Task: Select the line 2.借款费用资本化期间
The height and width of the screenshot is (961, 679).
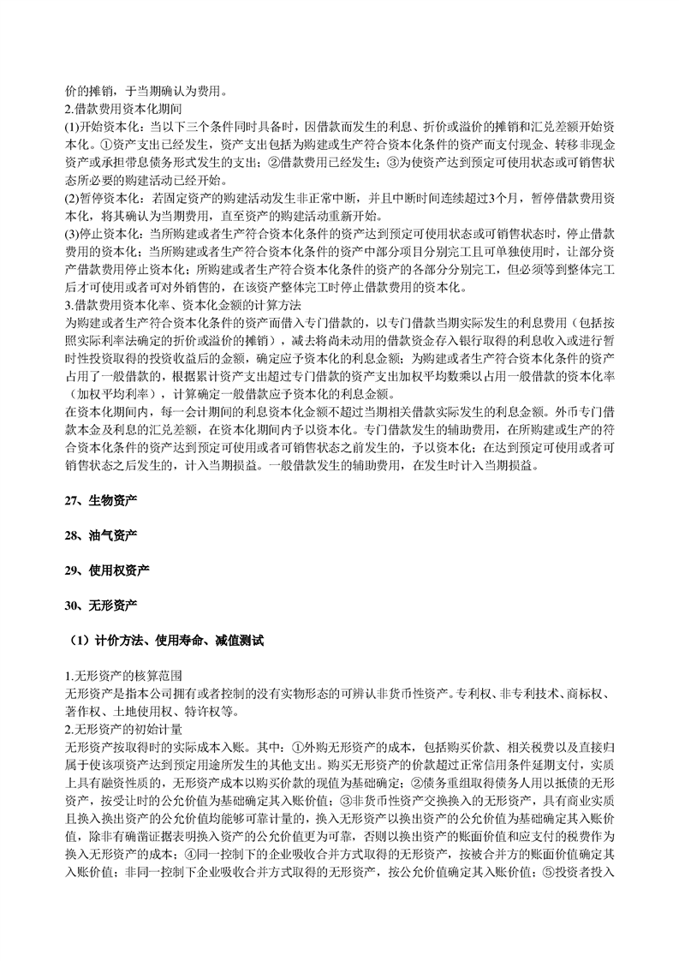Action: pyautogui.click(x=122, y=108)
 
